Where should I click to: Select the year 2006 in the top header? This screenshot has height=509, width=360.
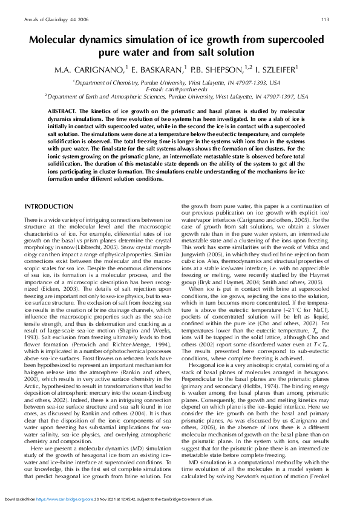point(76,19)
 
